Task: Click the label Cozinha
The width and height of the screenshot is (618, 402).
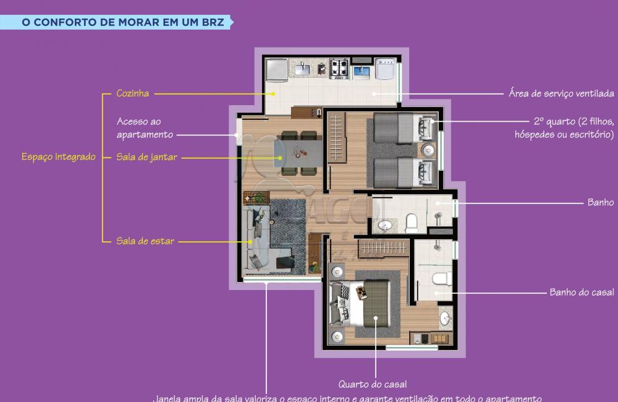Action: pyautogui.click(x=132, y=93)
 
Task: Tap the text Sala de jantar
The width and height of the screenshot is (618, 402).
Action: pyautogui.click(x=146, y=157)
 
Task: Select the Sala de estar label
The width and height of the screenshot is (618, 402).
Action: pyautogui.click(x=145, y=241)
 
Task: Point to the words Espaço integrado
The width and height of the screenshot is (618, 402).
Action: pyautogui.click(x=59, y=157)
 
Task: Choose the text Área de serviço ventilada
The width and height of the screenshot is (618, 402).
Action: pyautogui.click(x=561, y=93)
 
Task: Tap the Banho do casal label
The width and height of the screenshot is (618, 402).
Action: pyautogui.click(x=582, y=293)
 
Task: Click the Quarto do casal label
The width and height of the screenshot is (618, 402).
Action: pyautogui.click(x=372, y=385)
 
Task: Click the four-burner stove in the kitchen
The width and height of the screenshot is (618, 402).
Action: pyautogui.click(x=339, y=69)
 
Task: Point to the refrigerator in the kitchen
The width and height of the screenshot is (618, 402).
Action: pyautogui.click(x=276, y=69)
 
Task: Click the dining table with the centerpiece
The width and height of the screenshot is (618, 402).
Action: pyautogui.click(x=298, y=152)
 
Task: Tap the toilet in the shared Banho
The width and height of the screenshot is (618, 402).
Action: pyautogui.click(x=412, y=220)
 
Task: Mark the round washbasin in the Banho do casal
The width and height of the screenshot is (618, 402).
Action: pyautogui.click(x=445, y=319)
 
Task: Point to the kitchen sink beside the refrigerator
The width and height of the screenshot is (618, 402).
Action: pyautogui.click(x=302, y=69)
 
